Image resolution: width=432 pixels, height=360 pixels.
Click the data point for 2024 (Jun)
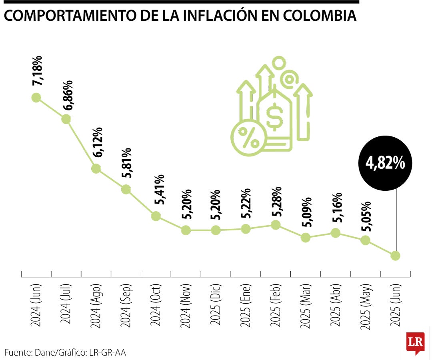(36, 98)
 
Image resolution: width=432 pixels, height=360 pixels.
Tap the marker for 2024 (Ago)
(96, 168)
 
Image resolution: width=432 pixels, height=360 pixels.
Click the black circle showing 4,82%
(385, 164)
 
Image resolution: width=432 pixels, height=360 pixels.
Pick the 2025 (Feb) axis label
(276, 306)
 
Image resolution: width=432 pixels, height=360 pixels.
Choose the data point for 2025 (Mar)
(306, 238)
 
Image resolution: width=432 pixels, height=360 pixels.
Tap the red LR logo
(415, 342)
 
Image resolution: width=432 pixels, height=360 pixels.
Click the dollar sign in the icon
(275, 116)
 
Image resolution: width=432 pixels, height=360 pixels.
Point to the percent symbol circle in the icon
(248, 137)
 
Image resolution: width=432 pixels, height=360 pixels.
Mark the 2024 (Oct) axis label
(156, 306)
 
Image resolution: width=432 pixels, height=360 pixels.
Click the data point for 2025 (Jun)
(396, 255)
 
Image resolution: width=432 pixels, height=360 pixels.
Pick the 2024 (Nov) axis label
(186, 306)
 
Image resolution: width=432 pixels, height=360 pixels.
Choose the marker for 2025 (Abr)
(336, 233)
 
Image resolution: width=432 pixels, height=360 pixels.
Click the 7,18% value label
(38, 73)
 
